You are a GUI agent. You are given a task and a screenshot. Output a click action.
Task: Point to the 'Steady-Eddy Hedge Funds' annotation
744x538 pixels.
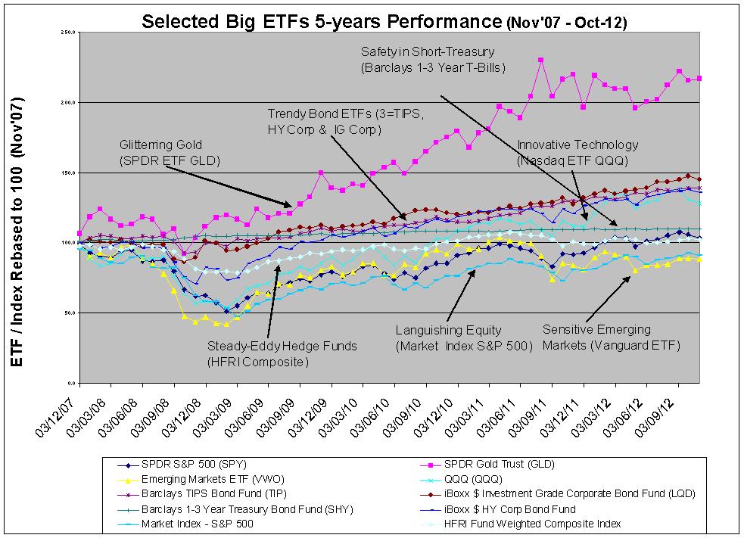click(x=282, y=353)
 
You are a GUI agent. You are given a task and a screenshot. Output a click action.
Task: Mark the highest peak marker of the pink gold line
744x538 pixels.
click(x=540, y=60)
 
